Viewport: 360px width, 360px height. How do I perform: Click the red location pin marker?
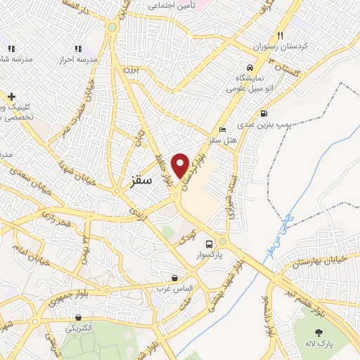(181, 165)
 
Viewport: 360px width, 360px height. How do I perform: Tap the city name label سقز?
(141, 181)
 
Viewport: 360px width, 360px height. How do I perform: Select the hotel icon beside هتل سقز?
(223, 129)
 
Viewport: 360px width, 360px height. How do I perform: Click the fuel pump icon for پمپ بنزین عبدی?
(264, 113)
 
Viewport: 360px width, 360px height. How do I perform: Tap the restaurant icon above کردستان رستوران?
(280, 35)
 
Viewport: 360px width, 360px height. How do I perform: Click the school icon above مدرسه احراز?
(78, 49)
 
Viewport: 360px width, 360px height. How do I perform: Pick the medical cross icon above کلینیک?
(11, 96)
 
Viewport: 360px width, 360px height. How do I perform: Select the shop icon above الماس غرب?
(174, 278)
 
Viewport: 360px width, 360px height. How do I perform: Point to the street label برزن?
(131, 69)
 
